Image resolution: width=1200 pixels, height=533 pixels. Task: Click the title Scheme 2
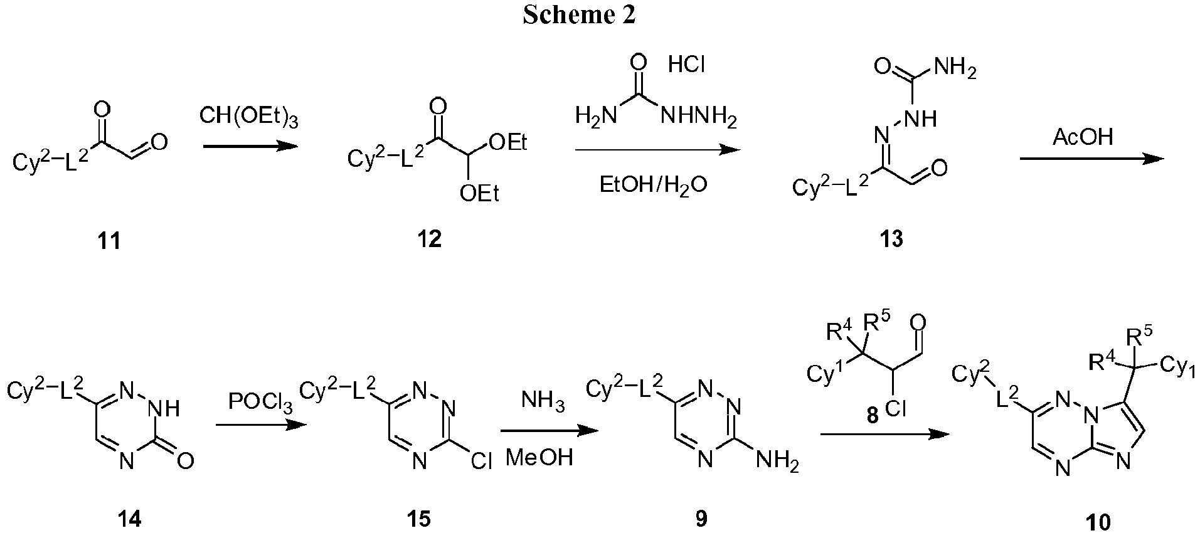tap(579, 15)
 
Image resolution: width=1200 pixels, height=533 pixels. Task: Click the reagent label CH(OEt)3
tap(248, 117)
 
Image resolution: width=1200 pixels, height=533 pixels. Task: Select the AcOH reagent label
tap(1084, 136)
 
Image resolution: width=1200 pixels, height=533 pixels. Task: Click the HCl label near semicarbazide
tap(686, 65)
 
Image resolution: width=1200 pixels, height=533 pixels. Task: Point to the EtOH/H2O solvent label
tap(654, 186)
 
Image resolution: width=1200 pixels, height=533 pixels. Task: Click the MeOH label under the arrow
tap(539, 458)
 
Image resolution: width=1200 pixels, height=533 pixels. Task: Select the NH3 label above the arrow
tap(543, 402)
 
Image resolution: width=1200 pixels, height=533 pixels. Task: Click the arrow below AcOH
tap(1091, 159)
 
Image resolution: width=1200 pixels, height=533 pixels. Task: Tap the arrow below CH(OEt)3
tap(249, 146)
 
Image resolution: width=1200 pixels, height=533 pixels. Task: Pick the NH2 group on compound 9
tap(778, 462)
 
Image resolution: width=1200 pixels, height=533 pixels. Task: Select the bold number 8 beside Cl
tap(873, 416)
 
